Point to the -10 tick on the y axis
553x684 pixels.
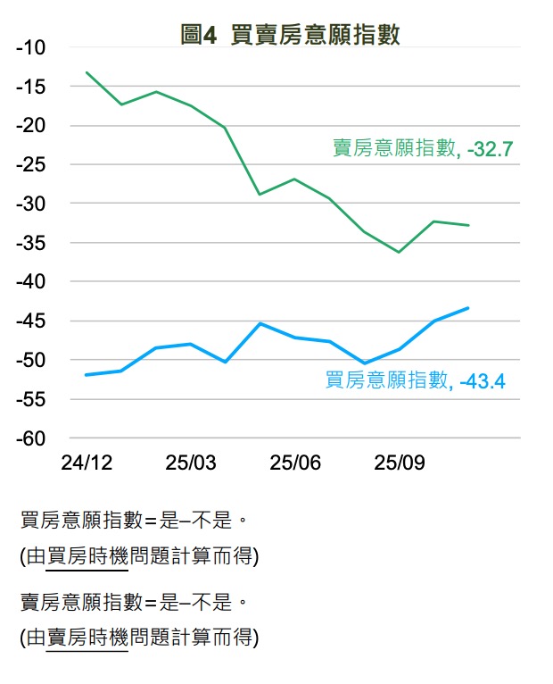(33, 47)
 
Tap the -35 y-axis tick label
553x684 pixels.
(33, 243)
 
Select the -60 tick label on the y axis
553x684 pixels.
(33, 438)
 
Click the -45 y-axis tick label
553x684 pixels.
(33, 321)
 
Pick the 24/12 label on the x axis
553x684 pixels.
(87, 463)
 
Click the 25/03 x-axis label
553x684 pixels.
(191, 463)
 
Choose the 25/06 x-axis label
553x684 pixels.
(295, 463)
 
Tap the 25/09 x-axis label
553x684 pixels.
(400, 463)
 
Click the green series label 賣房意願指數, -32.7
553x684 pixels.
(423, 149)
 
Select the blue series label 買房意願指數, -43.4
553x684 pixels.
(416, 381)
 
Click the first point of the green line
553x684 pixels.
(87, 72)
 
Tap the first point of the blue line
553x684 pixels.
(87, 375)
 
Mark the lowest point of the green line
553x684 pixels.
(399, 252)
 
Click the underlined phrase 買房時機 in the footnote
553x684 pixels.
(87, 556)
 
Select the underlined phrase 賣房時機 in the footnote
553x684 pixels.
(87, 638)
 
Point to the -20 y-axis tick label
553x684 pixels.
(33, 126)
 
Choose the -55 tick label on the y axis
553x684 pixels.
(33, 399)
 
